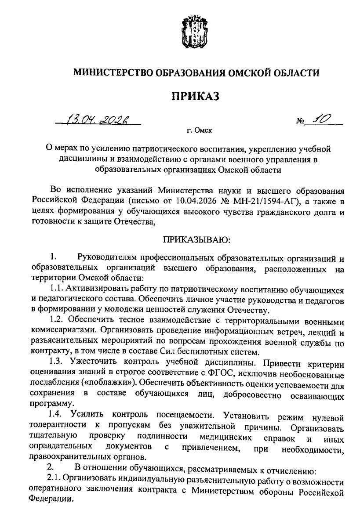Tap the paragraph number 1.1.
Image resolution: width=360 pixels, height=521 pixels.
tap(57, 290)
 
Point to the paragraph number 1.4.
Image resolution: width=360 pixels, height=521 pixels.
tap(58, 414)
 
